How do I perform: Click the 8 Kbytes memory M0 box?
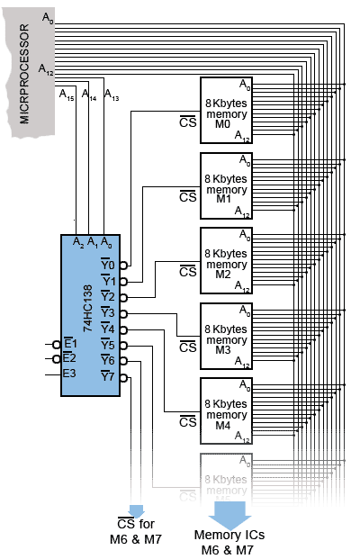[226, 109]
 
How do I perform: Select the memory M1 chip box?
[226, 185]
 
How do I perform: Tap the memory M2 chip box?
[226, 259]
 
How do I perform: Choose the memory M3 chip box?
[226, 335]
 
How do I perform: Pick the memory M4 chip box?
[226, 410]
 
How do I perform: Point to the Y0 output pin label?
[108, 265]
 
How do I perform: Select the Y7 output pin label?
[108, 376]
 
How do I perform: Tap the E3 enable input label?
[69, 374]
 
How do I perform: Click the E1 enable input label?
[69, 344]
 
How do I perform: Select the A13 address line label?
[112, 94]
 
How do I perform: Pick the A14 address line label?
[89, 94]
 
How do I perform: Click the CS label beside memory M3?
[187, 347]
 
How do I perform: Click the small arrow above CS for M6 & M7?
[137, 509]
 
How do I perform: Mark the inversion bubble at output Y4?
[123, 329]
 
